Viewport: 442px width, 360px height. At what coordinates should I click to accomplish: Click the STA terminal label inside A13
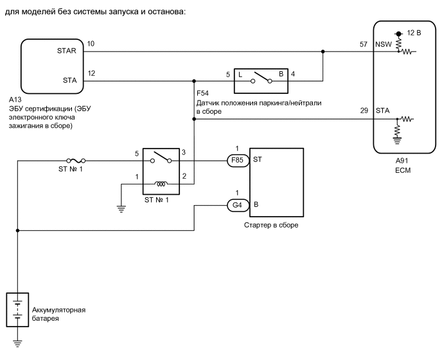click(x=69, y=81)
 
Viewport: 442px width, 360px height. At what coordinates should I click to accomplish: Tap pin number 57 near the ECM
click(x=363, y=43)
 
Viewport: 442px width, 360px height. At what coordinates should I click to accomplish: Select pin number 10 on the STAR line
click(x=91, y=43)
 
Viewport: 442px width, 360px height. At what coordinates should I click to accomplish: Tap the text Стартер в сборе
click(x=272, y=226)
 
